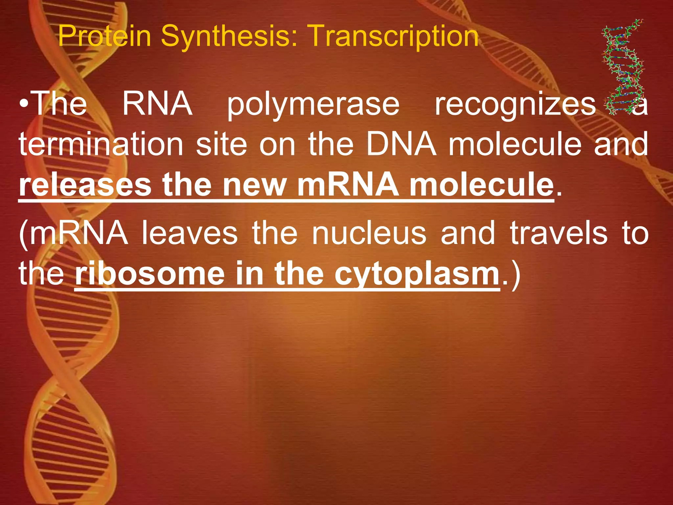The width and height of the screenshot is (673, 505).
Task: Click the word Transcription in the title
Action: [394, 36]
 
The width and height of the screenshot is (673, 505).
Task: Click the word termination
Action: [101, 144]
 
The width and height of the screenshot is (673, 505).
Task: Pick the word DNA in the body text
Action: [402, 144]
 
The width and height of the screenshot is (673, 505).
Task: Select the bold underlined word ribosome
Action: [150, 274]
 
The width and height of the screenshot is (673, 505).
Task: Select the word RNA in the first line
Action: [157, 105]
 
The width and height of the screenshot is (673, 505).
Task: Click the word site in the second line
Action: [221, 144]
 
